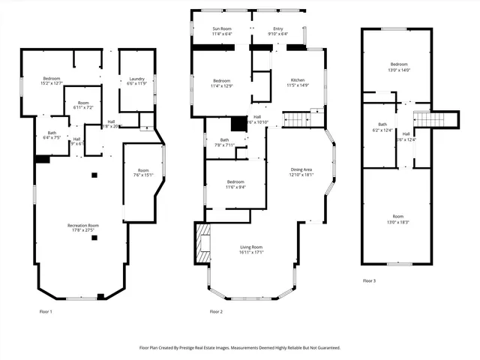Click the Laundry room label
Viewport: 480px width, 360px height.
136,81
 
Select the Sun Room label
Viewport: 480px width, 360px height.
222,31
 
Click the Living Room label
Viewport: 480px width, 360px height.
251,250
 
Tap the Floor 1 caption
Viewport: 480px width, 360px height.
46,310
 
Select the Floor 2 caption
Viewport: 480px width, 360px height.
216,310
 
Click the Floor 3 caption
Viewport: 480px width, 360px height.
369,280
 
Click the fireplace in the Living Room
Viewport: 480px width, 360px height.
203,244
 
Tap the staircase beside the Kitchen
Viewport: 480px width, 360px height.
298,119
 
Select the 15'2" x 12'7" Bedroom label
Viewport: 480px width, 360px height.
52,81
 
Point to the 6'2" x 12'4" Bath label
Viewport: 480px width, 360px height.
382,127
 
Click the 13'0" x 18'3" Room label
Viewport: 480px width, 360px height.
397,220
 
